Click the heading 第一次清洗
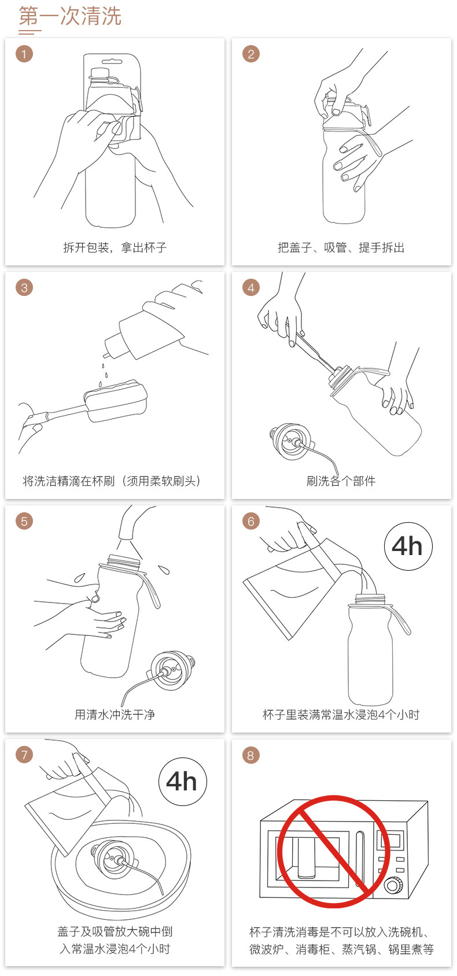pyautogui.click(x=70, y=17)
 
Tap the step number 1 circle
pyautogui.click(x=24, y=54)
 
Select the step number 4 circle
pyautogui.click(x=250, y=287)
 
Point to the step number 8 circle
pyautogui.click(x=250, y=755)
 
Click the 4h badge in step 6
pyautogui.click(x=408, y=546)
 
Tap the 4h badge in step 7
pyautogui.click(x=182, y=781)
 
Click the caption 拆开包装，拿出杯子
pyautogui.click(x=115, y=247)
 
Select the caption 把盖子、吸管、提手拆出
pyautogui.click(x=341, y=247)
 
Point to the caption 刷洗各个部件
pyautogui.click(x=341, y=481)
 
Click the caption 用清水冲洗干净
pyautogui.click(x=115, y=715)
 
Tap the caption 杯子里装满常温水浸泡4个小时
pyautogui.click(x=341, y=715)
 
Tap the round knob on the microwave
pyautogui.click(x=393, y=885)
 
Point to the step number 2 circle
pyautogui.click(x=250, y=54)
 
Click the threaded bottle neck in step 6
pyautogui.click(x=370, y=598)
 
